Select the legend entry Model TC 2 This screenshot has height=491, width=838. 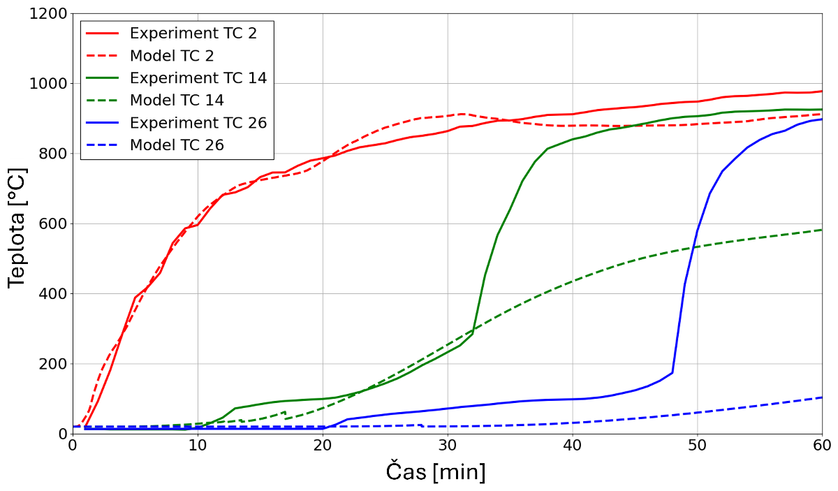[x=172, y=56]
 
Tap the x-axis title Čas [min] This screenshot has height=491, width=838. [x=436, y=472]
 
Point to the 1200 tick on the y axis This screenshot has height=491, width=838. [x=49, y=14]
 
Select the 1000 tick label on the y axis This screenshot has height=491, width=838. [x=49, y=84]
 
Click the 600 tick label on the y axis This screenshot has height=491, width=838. [x=53, y=223]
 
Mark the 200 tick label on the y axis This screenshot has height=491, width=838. [x=53, y=364]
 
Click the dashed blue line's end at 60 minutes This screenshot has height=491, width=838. [x=822, y=397]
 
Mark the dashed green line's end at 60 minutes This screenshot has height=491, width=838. [x=822, y=230]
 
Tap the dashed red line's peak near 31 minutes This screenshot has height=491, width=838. [x=462, y=114]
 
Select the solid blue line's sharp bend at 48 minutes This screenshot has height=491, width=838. [x=672, y=372]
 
